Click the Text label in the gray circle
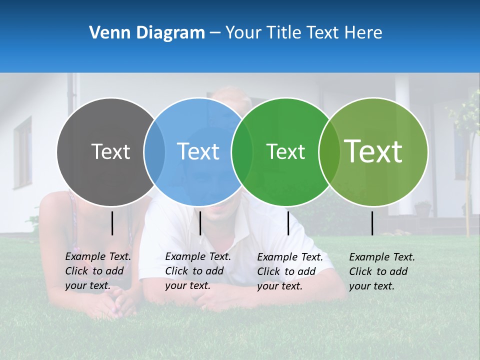point(110,151)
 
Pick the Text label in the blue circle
point(198,151)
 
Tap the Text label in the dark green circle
point(285,151)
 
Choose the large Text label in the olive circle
point(373,151)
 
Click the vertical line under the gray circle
point(112,223)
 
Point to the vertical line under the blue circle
point(200,223)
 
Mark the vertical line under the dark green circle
point(288,223)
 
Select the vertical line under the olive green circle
point(372,223)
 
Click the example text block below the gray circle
point(98,271)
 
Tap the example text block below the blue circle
point(198,271)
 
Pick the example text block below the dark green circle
point(290,271)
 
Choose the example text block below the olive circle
point(382,271)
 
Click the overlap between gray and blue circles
point(154,151)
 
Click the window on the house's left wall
point(22,152)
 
